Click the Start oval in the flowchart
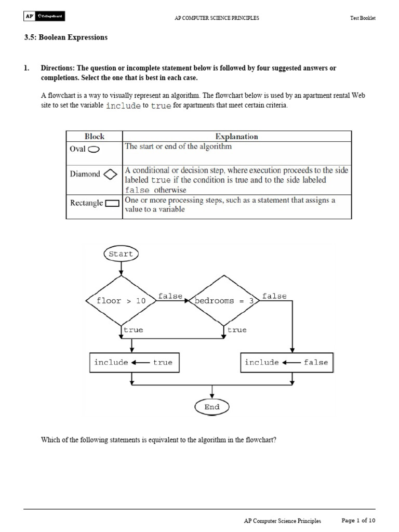click(121, 254)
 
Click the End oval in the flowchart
click(211, 407)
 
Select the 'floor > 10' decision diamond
click(121, 301)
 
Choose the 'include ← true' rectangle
click(133, 363)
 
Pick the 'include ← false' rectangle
click(287, 363)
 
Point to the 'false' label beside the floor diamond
click(170, 296)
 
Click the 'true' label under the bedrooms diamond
click(237, 330)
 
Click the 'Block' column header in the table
click(94, 137)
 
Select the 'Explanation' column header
click(236, 137)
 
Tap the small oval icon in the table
click(94, 149)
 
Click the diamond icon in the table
click(110, 175)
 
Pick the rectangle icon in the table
click(112, 204)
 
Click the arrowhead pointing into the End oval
click(212, 396)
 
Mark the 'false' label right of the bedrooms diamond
click(274, 296)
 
